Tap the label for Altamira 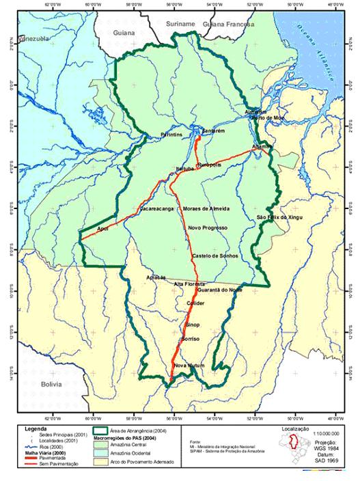tap(262, 147)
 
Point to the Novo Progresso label tap(207, 228)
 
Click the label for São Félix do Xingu tap(279, 217)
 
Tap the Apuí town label tap(103, 228)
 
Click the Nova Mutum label tap(189, 366)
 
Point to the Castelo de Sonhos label tap(214, 256)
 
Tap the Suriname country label tap(180, 24)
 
